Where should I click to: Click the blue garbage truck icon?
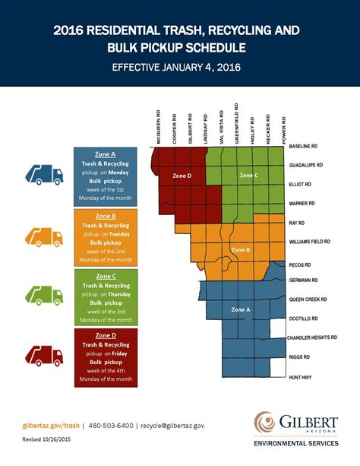pyautogui.click(x=43, y=174)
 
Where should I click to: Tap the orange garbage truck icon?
pyautogui.click(x=43, y=236)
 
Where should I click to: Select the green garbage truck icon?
pyautogui.click(x=43, y=296)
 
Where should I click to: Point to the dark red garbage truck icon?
pyautogui.click(x=43, y=355)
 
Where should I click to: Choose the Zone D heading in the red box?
pyautogui.click(x=106, y=334)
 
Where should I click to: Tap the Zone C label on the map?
pyautogui.click(x=249, y=176)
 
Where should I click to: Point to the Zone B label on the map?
pyautogui.click(x=240, y=249)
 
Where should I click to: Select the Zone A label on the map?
pyautogui.click(x=240, y=309)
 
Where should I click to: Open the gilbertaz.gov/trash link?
pyautogui.click(x=50, y=426)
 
